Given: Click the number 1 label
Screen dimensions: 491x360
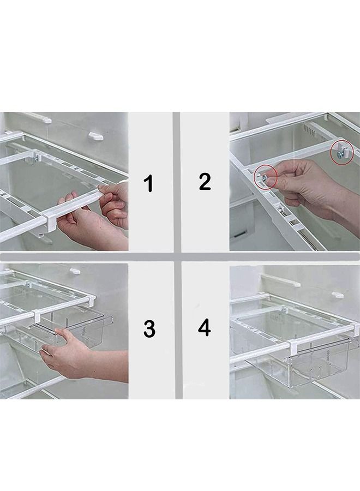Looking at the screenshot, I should click(148, 183).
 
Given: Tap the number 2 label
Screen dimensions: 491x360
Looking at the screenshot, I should click(205, 181).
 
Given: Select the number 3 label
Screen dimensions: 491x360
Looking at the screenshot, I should click(149, 328).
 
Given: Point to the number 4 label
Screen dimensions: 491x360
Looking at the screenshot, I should click(204, 328).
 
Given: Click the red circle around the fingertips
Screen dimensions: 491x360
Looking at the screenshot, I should click(266, 177).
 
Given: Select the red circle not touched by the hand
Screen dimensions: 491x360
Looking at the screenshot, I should click(342, 154).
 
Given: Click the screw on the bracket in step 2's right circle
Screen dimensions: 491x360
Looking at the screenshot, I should click(341, 155).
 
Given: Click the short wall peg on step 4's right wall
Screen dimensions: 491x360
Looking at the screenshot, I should click(338, 295).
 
